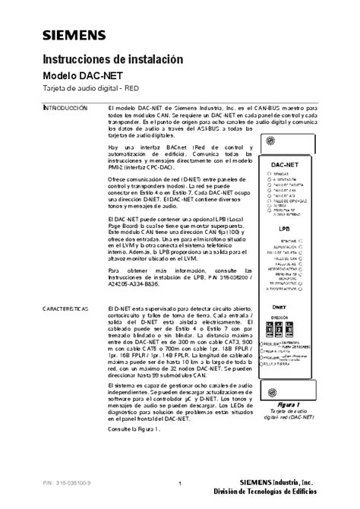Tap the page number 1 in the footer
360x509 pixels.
point(180,485)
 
